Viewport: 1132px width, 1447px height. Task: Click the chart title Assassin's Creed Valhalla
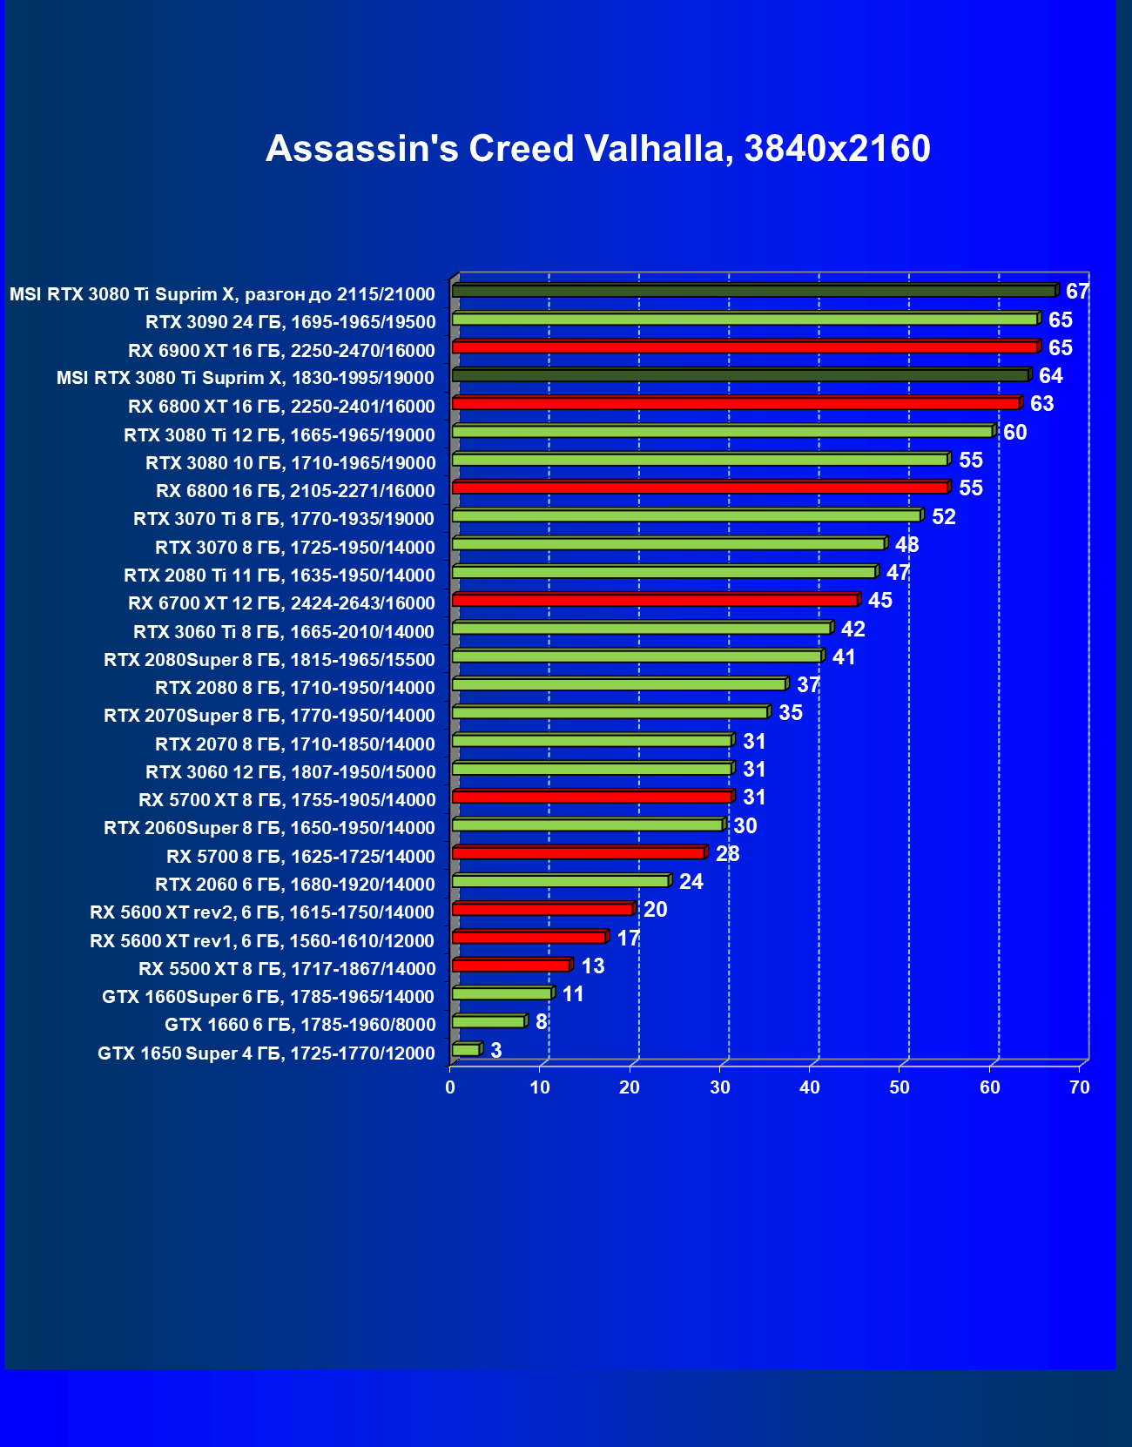[597, 149]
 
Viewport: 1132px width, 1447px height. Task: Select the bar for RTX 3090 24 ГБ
[745, 320]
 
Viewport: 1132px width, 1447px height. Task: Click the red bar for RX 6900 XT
[745, 347]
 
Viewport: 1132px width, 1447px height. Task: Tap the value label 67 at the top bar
[1077, 292]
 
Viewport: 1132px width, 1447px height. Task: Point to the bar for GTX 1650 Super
[466, 1050]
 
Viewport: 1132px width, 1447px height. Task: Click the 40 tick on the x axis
[810, 1087]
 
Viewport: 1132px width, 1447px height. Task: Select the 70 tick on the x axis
[1080, 1087]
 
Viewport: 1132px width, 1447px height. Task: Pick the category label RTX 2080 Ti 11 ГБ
[280, 575]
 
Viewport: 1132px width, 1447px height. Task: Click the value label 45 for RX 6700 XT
[879, 601]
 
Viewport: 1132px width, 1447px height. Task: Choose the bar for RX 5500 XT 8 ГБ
[511, 966]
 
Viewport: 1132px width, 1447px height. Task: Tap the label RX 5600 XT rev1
[262, 941]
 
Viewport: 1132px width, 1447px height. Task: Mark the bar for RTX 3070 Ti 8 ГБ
[686, 516]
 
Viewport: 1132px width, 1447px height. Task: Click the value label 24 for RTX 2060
[691, 882]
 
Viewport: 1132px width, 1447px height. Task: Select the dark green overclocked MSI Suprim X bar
[754, 291]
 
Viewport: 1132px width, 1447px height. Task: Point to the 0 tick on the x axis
[450, 1087]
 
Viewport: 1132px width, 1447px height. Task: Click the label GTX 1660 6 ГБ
[300, 1025]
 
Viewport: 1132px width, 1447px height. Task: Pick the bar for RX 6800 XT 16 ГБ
[736, 403]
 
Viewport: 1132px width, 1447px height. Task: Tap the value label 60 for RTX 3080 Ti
[1014, 433]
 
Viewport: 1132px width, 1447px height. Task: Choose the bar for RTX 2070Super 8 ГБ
[610, 713]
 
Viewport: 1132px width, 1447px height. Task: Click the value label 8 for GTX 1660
[541, 1022]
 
